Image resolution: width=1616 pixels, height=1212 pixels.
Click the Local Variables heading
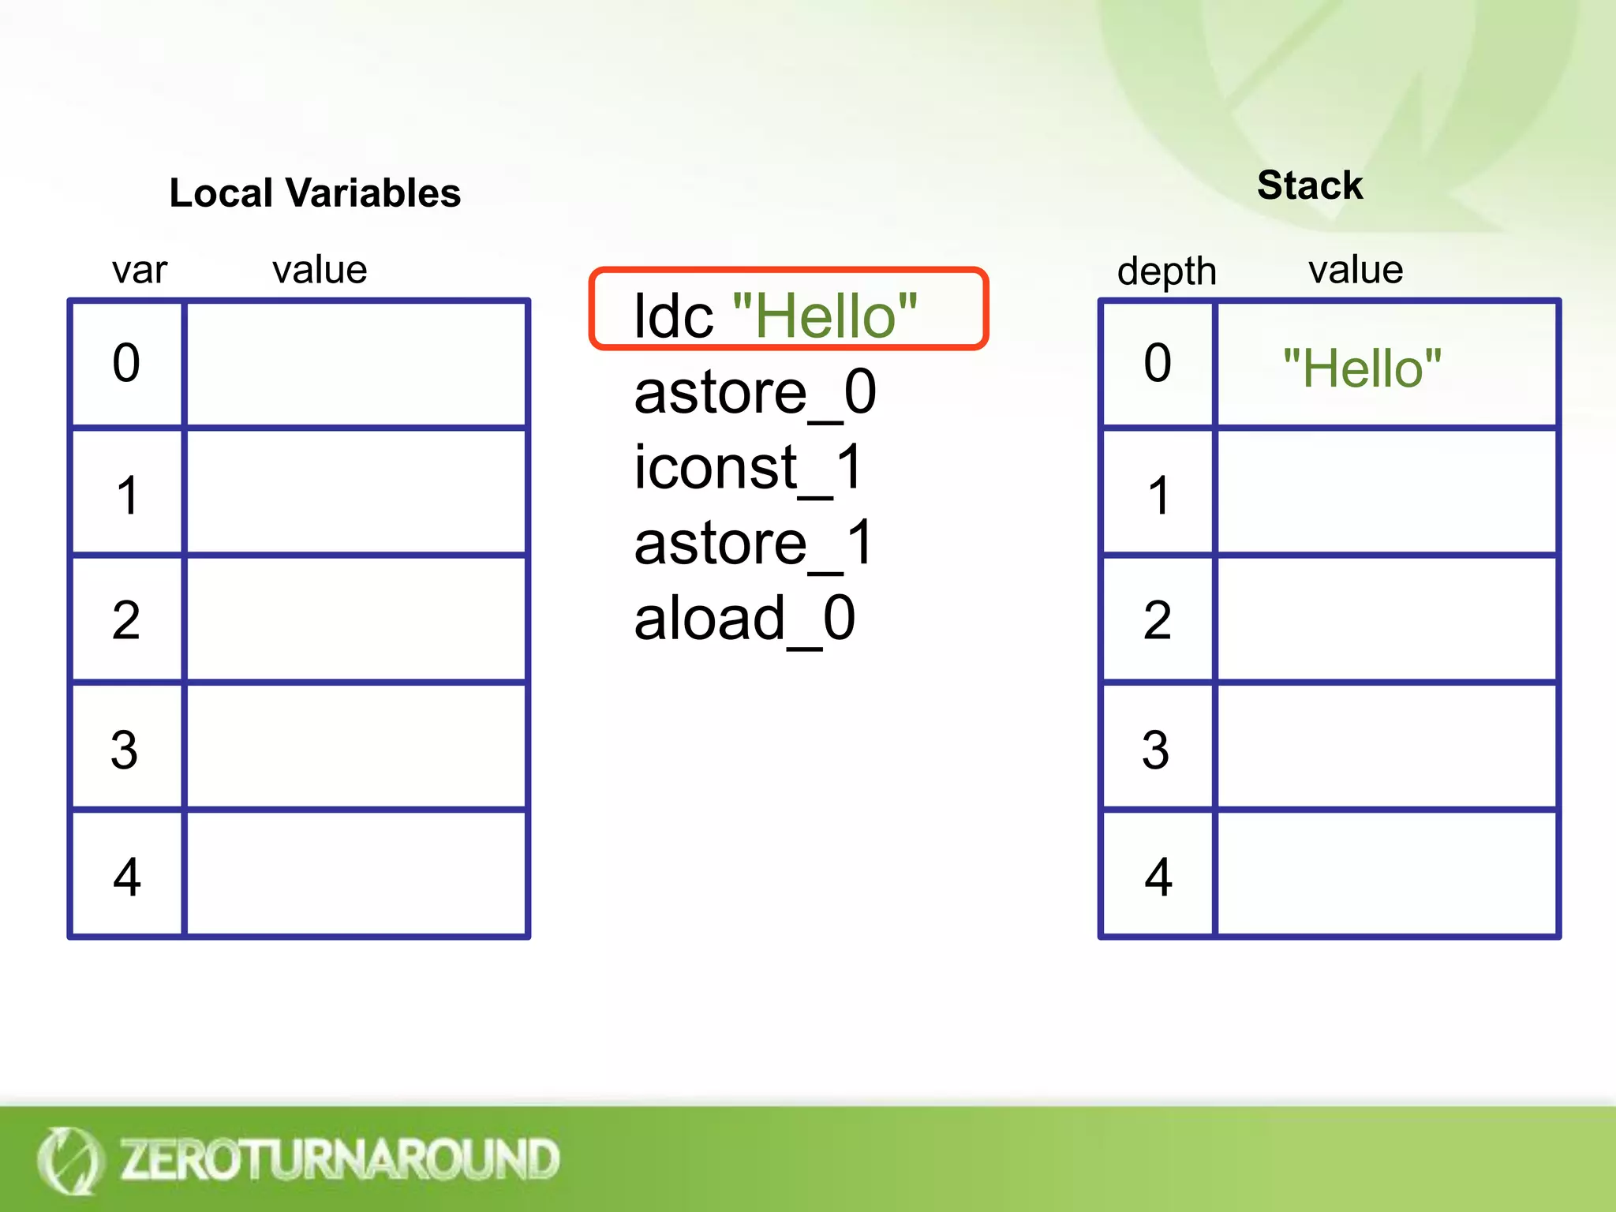pos(315,193)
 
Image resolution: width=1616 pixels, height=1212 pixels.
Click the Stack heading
pos(1310,185)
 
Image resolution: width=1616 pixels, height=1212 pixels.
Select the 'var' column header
pos(139,270)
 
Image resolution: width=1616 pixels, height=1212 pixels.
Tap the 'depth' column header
pos(1166,271)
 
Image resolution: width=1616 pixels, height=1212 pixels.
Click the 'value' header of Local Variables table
pos(320,270)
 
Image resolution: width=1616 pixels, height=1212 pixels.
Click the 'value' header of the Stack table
pos(1356,270)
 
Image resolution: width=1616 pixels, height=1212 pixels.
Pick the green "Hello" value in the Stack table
pos(1362,368)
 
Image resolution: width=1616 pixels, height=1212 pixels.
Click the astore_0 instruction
pos(755,392)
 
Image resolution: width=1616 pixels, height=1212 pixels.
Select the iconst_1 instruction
pos(748,467)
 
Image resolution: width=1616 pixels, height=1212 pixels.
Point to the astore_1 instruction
pos(754,543)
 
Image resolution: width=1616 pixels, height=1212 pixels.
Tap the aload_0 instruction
pos(745,619)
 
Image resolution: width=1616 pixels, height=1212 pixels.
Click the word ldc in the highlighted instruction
pos(673,316)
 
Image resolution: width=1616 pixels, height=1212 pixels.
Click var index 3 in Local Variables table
pos(125,749)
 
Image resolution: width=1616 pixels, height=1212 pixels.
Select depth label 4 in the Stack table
pos(1158,877)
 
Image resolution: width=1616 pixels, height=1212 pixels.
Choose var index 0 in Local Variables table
pos(126,363)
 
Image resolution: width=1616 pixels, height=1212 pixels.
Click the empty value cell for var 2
pos(356,619)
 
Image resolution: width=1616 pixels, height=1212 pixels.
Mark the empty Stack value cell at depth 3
pos(1386,746)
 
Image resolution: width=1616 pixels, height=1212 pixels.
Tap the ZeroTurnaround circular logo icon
pos(69,1160)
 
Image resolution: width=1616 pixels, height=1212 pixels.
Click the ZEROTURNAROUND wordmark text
pos(339,1159)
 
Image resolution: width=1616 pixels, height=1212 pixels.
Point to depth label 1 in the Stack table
pos(1158,496)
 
